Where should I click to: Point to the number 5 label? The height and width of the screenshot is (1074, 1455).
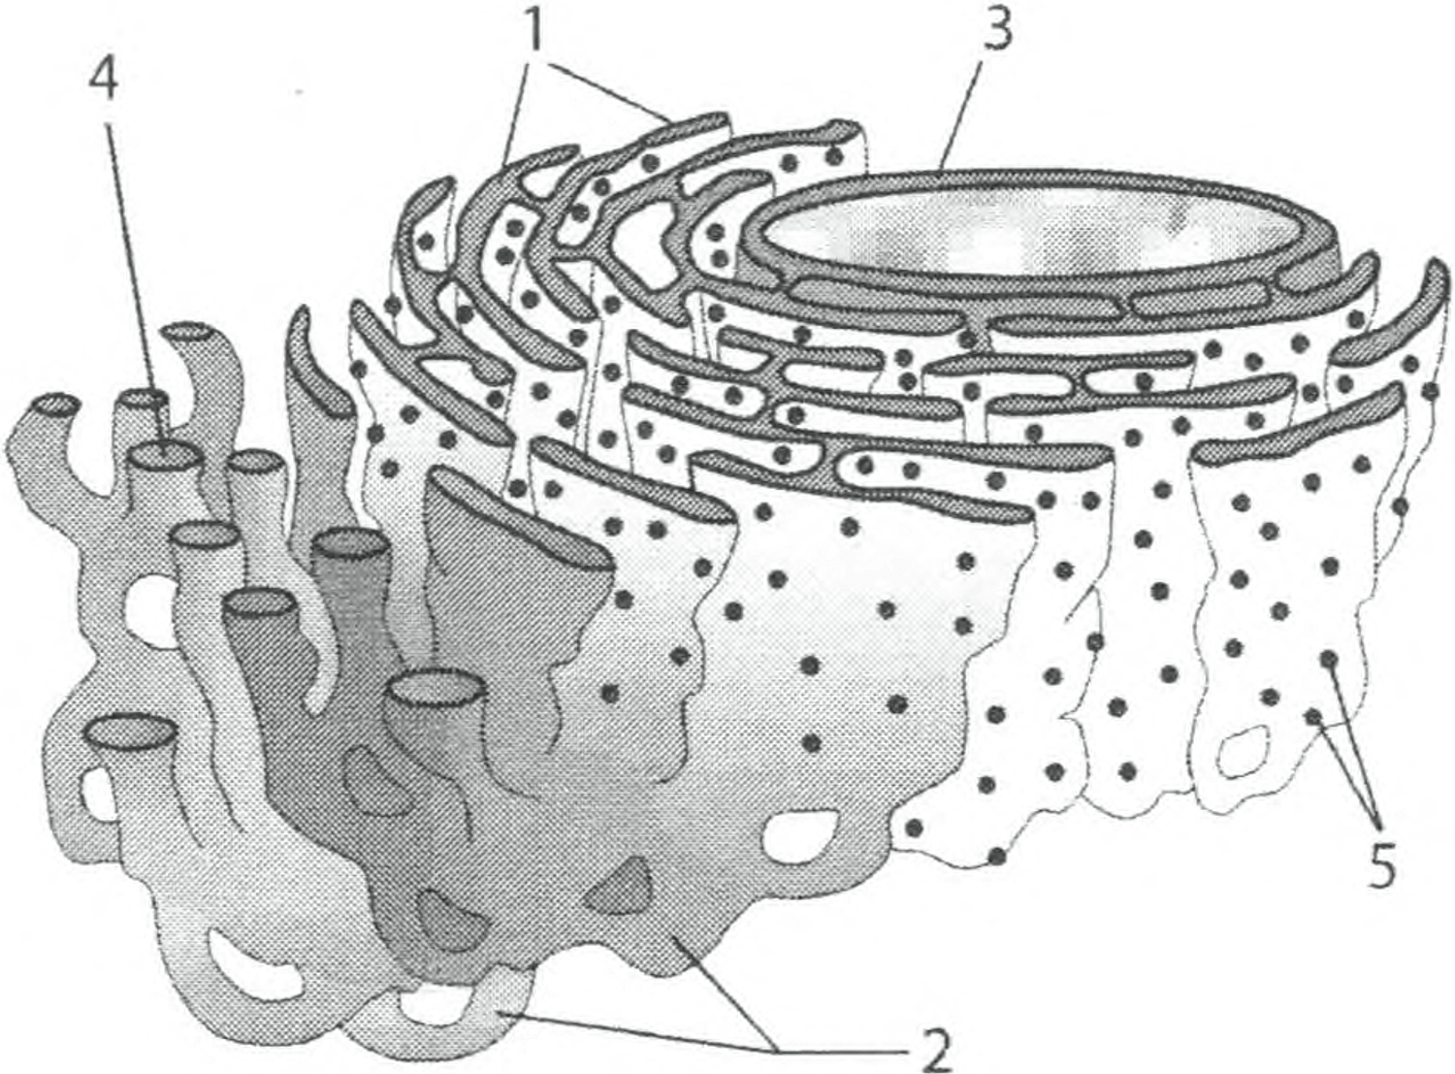[x=1382, y=864]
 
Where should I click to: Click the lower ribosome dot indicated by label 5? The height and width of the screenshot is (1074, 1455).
[x=1313, y=717]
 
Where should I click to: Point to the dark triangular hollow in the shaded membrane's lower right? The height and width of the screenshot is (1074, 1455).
[x=617, y=888]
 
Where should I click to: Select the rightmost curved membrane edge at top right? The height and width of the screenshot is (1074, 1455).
[x=1424, y=309]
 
